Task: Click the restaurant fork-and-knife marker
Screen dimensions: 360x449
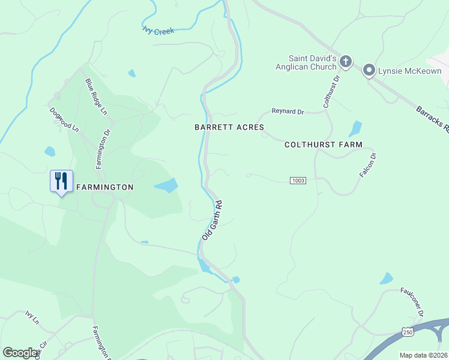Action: (61, 180)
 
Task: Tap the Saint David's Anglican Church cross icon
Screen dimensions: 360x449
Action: (345, 61)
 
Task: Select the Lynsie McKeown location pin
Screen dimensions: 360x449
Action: (369, 71)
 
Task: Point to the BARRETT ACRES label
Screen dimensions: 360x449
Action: (229, 127)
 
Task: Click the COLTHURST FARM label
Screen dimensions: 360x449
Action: (324, 145)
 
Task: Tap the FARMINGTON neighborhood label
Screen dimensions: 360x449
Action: (104, 187)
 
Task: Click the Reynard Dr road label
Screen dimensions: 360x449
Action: (288, 111)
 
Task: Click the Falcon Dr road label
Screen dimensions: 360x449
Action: (367, 164)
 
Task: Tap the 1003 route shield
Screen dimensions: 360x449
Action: (298, 181)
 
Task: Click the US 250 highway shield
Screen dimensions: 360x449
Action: (408, 332)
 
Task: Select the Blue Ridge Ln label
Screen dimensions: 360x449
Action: (96, 97)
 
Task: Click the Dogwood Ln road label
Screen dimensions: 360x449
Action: (64, 119)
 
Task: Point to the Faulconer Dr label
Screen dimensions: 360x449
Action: (412, 302)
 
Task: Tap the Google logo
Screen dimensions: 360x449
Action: (20, 352)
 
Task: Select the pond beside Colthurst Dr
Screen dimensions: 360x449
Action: (355, 128)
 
